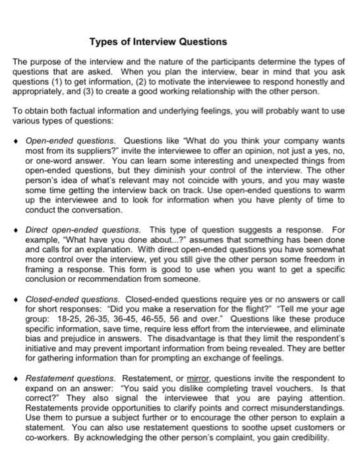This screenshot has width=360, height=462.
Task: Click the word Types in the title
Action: click(104, 42)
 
